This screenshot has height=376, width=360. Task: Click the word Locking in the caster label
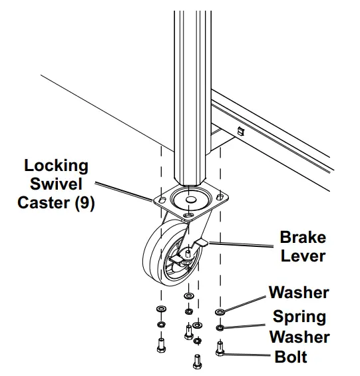pyautogui.click(x=56, y=165)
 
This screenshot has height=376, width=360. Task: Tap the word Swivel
pyautogui.click(x=59, y=184)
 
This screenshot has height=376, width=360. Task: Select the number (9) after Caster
pyautogui.click(x=83, y=203)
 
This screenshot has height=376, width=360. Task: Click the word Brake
pyautogui.click(x=303, y=238)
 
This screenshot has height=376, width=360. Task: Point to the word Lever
pyautogui.click(x=303, y=256)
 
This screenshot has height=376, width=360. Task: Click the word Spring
pyautogui.click(x=299, y=317)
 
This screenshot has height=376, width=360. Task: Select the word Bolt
pyautogui.click(x=291, y=357)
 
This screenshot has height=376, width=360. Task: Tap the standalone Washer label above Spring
pyautogui.click(x=299, y=293)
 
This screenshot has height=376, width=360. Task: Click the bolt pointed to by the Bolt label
pyautogui.click(x=220, y=347)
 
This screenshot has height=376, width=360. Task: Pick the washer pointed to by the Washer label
pyautogui.click(x=220, y=311)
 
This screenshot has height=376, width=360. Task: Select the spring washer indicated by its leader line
pyautogui.click(x=220, y=327)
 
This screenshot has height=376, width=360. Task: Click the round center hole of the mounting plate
pyautogui.click(x=189, y=200)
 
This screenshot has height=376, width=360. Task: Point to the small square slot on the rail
pyautogui.click(x=241, y=131)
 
